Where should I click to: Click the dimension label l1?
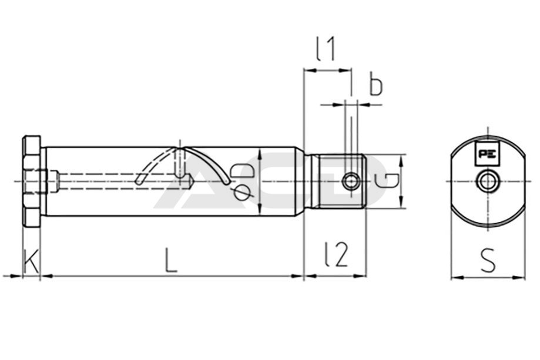point(326,49)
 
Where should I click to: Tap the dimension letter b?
point(375,83)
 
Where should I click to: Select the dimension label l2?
point(337,254)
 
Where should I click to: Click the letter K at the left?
point(31,261)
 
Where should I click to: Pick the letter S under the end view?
point(488,260)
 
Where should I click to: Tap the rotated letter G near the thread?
point(387,181)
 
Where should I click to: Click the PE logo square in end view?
point(487,153)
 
